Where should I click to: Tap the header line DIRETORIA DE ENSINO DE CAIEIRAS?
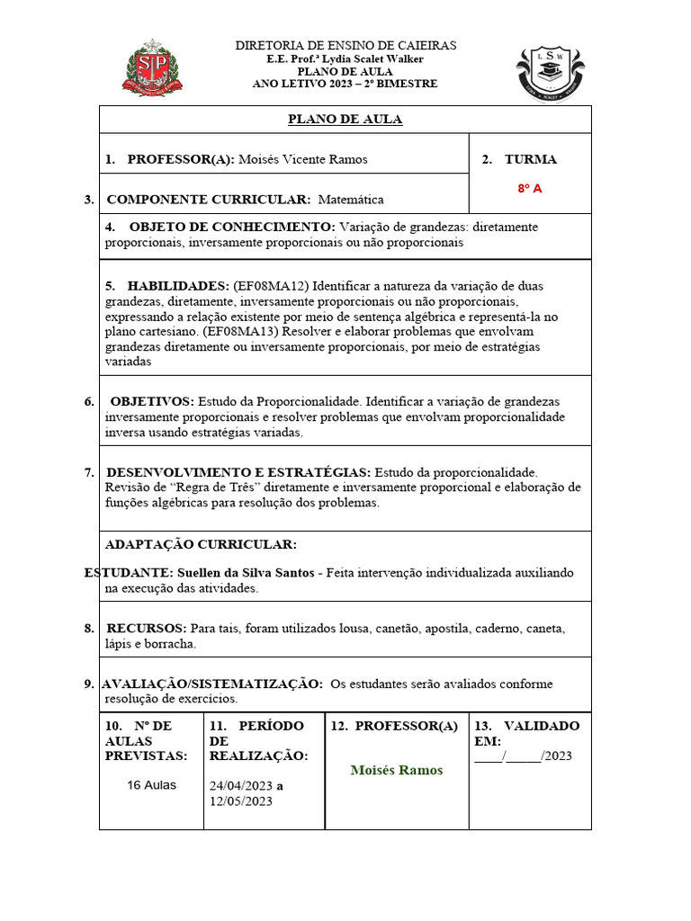[345, 45]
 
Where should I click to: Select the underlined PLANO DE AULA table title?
[345, 120]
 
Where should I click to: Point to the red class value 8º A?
[530, 189]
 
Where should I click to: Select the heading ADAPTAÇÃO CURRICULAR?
[201, 545]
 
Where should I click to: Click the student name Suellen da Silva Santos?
[246, 572]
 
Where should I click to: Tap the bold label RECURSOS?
[147, 628]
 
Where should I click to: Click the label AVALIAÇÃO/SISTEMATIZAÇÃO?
[212, 684]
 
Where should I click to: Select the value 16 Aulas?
[152, 784]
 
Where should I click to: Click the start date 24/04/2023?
[240, 785]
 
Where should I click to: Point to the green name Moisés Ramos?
[396, 770]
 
